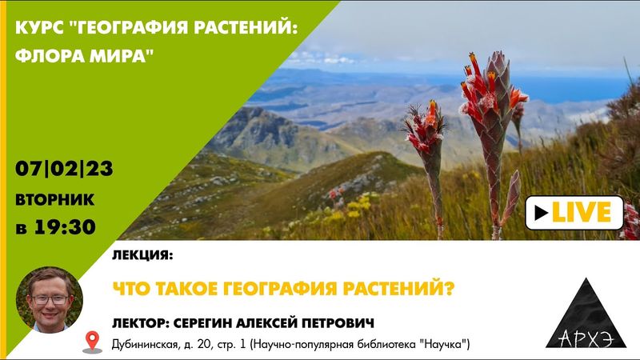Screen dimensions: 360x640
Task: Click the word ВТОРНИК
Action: click(x=54, y=198)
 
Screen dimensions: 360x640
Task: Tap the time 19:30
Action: click(x=66, y=227)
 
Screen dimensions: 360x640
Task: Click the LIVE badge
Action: click(x=574, y=212)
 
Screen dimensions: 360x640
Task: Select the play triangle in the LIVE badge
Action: click(x=542, y=212)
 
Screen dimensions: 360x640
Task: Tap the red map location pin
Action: click(x=93, y=343)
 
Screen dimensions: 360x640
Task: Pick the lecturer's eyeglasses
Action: click(x=50, y=299)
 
